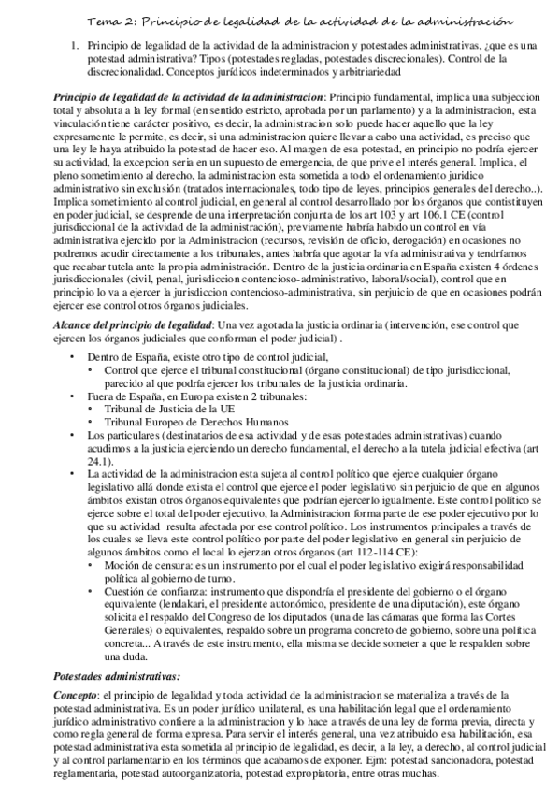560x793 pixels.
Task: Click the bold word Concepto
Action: click(x=76, y=695)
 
